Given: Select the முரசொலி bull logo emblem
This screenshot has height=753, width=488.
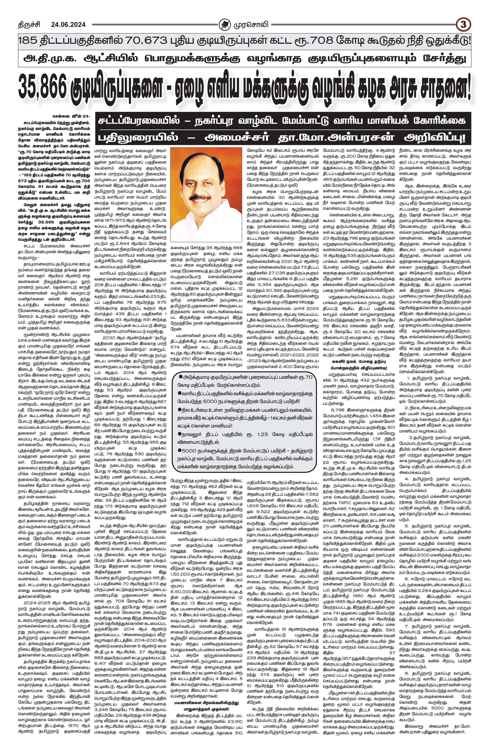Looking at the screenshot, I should pos(225,24).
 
